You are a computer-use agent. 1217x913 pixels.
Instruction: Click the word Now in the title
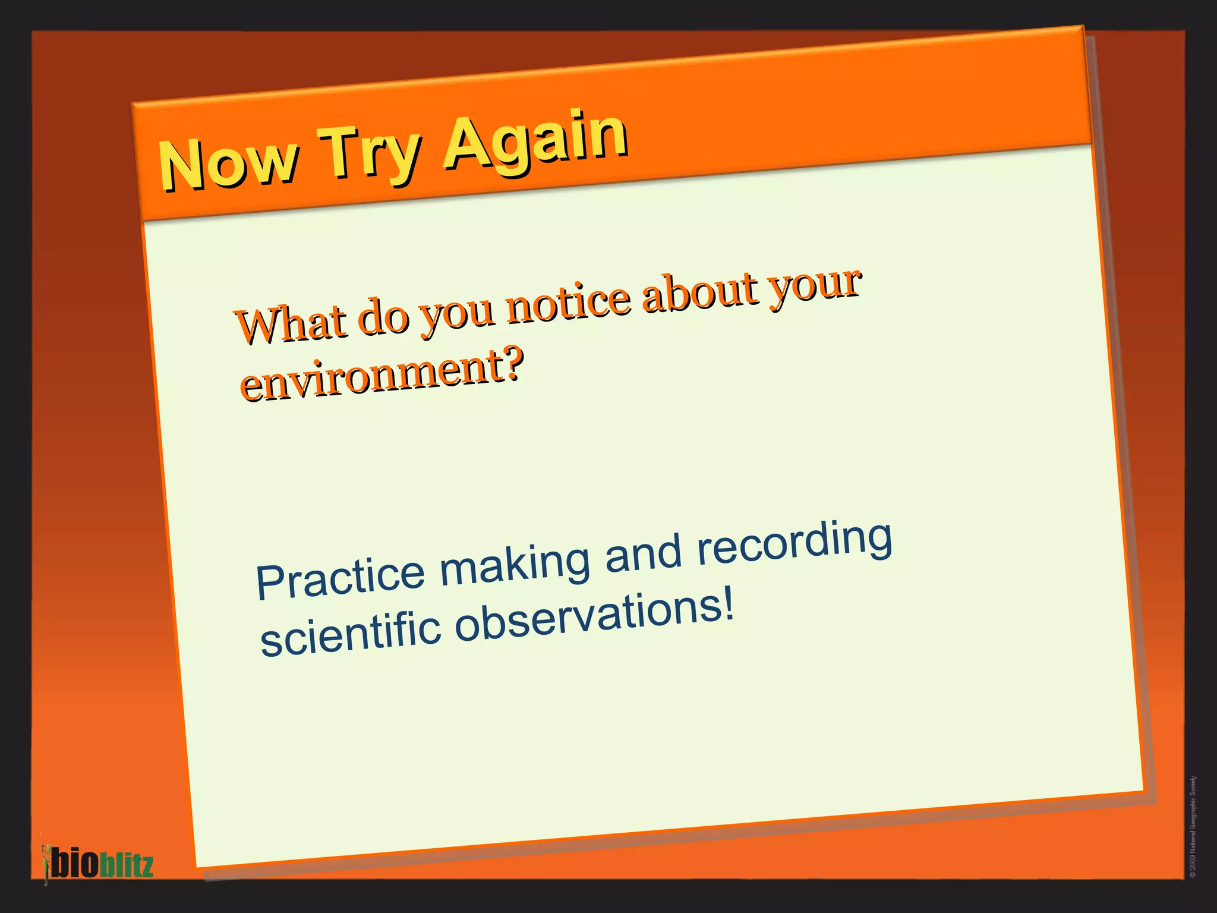coord(228,162)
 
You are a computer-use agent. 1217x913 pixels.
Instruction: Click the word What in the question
coord(291,323)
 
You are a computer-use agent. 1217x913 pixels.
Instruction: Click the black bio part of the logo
coord(74,863)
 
